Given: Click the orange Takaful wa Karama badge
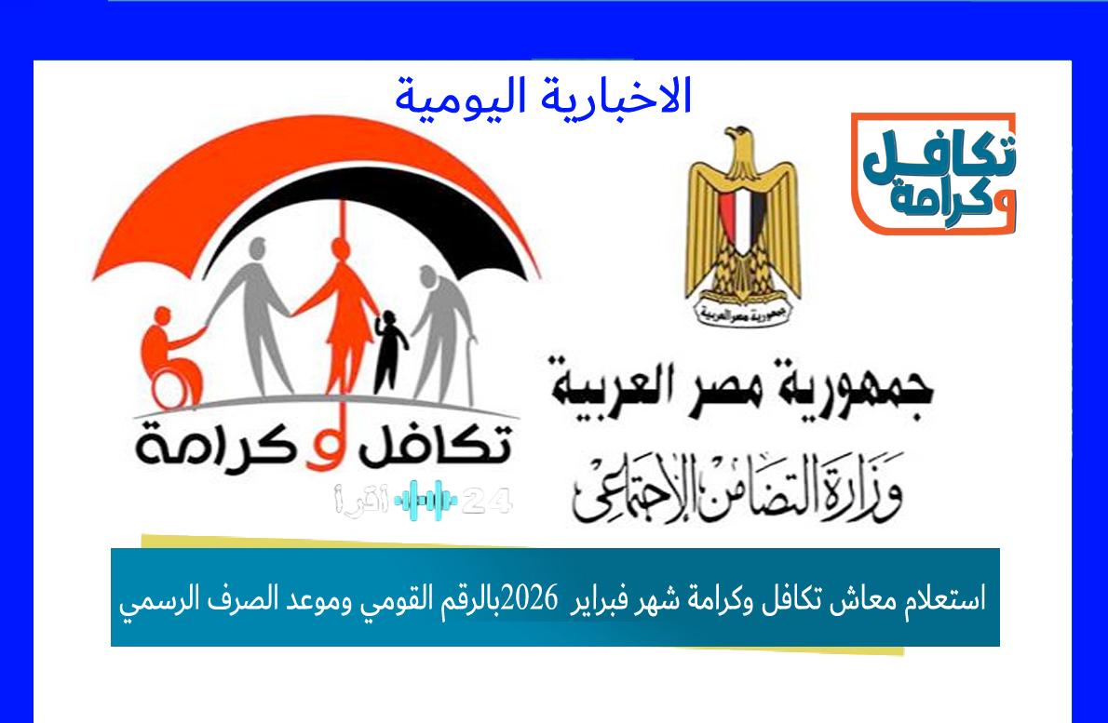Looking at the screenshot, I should click(x=933, y=174).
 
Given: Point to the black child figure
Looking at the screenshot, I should click(x=391, y=351).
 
